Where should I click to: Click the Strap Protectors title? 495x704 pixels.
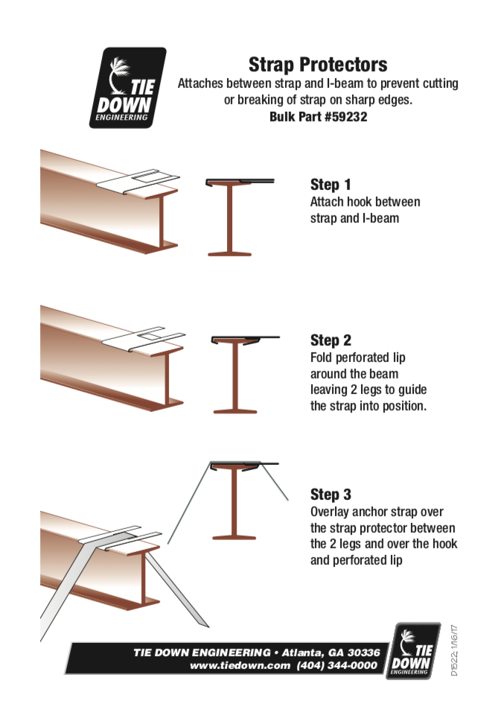coord(318,64)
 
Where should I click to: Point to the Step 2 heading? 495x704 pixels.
coord(330,340)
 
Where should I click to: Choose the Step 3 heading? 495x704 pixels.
coord(330,495)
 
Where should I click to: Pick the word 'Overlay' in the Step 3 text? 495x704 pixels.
coord(331,512)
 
